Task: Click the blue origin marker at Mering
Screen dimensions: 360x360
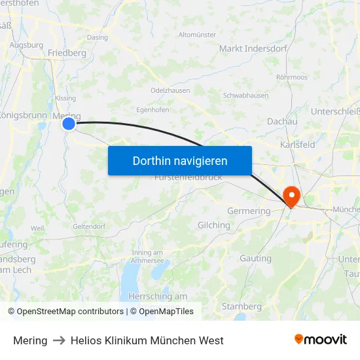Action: tap(69, 123)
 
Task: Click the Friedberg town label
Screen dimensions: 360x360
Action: tap(67, 52)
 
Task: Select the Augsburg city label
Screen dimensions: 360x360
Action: tap(26, 46)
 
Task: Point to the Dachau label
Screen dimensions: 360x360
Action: tap(282, 121)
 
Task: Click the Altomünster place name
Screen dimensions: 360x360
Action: tap(197, 34)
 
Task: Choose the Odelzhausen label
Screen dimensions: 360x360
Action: tap(170, 90)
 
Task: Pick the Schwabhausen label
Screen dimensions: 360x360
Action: tap(245, 95)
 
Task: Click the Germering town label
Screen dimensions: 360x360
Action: tap(248, 211)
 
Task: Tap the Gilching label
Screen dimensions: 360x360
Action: tap(213, 225)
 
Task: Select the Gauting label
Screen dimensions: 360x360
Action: tap(255, 259)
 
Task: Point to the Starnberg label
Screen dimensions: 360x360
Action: tap(242, 306)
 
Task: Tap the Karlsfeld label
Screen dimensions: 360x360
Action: tap(298, 144)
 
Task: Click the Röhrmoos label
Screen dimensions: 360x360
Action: tap(292, 77)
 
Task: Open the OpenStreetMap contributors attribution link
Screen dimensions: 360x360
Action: tap(70, 312)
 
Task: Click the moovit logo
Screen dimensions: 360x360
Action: tap(321, 340)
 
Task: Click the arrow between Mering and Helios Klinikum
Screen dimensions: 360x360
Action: tap(59, 340)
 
